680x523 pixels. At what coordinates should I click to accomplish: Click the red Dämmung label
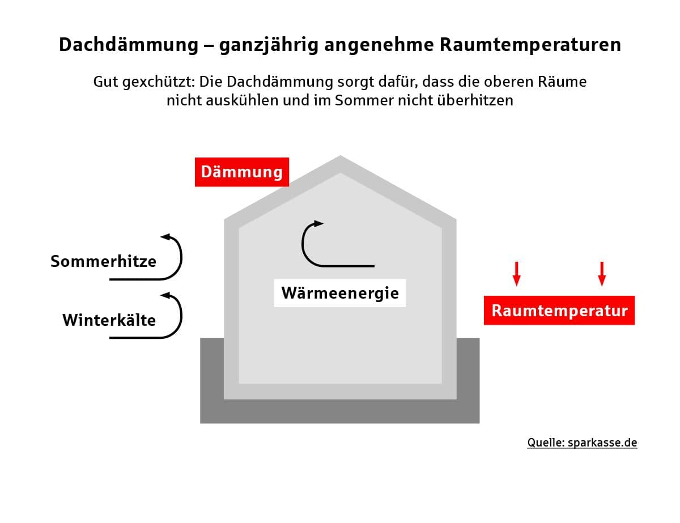tap(241, 172)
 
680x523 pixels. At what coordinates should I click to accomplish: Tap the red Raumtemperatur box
tap(559, 311)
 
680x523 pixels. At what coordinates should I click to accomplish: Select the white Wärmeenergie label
tap(340, 293)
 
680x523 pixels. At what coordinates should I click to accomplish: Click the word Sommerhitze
tap(103, 261)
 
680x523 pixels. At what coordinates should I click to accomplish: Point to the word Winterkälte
tap(109, 320)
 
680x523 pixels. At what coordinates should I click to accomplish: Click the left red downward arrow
tap(517, 274)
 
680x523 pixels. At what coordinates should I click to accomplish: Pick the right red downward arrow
tap(602, 274)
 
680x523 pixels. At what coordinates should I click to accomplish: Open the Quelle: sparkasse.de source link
tap(582, 443)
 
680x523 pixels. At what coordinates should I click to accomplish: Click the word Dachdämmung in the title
tap(129, 44)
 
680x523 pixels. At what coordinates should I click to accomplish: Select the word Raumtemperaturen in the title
tap(530, 45)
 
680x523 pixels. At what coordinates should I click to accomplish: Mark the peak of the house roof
tap(340, 156)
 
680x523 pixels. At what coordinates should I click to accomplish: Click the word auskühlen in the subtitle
tap(242, 100)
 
